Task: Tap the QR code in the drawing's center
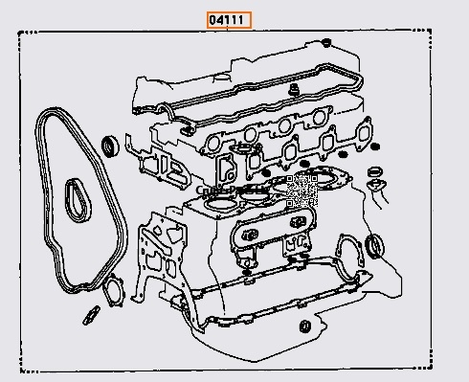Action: (x=301, y=190)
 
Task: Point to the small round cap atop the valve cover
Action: (x=325, y=42)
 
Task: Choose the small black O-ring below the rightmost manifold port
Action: (x=340, y=155)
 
